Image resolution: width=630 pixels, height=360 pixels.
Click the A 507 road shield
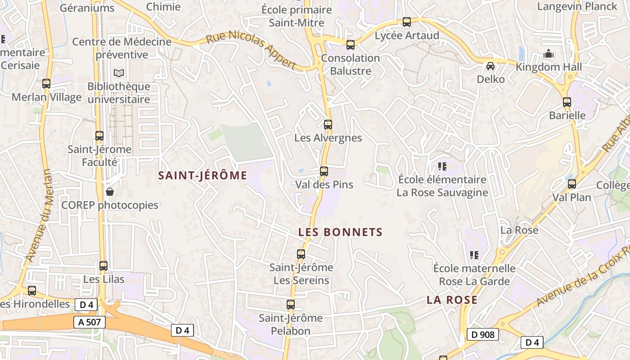89,322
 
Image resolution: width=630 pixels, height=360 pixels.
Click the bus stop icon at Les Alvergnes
328,125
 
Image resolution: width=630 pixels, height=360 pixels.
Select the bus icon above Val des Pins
324,171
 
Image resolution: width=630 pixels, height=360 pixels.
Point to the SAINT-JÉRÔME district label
202,175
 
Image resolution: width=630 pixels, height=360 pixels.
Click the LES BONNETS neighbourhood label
341,232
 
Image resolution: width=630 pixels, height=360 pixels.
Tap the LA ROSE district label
452,300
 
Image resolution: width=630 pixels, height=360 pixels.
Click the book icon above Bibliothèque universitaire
119,73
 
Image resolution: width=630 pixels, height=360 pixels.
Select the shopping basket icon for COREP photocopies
110,192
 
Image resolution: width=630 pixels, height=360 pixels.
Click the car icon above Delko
490,66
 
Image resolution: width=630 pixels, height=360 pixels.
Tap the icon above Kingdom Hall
549,54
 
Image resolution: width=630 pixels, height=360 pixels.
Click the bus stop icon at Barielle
567,102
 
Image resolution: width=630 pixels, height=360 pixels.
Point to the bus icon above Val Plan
571,184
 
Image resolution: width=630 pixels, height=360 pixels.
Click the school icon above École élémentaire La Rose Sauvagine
442,166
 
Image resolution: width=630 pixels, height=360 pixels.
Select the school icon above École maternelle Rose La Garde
474,255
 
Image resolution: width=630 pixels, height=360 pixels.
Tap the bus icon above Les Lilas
103,266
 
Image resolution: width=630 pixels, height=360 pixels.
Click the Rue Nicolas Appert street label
251,49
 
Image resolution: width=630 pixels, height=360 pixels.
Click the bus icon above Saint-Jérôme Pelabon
291,305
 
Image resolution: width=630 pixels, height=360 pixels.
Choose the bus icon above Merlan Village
46,84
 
